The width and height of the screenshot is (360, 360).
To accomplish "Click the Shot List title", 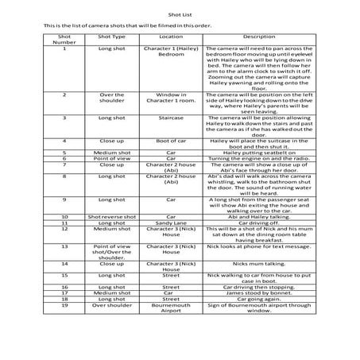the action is click(x=180, y=14).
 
